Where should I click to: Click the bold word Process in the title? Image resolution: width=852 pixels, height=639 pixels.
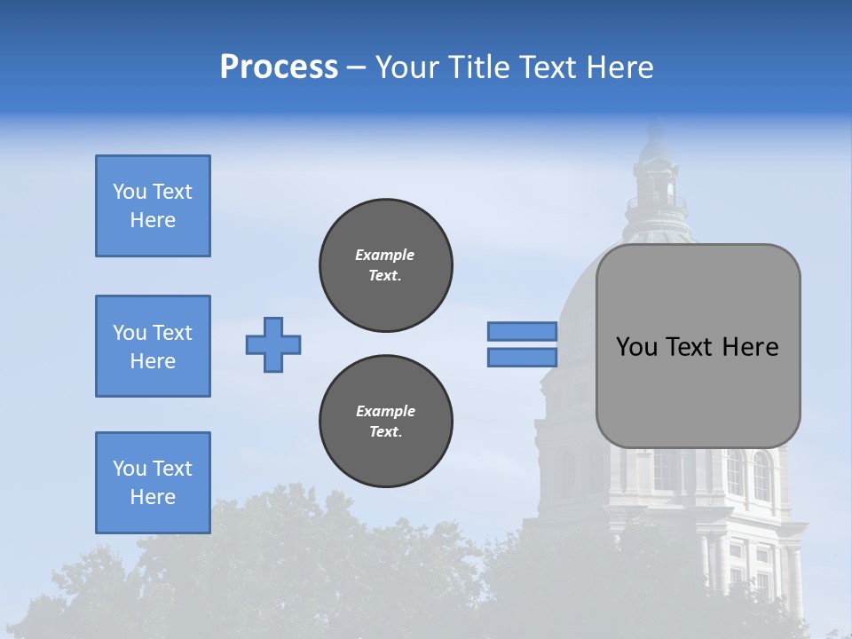click(x=279, y=67)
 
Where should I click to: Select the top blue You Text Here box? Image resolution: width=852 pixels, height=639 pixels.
click(x=153, y=206)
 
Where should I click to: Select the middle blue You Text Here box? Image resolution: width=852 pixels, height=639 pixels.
click(x=153, y=346)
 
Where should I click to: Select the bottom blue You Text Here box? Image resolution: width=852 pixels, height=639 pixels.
click(x=153, y=483)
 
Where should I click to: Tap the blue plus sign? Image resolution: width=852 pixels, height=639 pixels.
click(x=273, y=344)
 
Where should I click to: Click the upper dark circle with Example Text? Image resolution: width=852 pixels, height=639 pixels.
click(x=386, y=265)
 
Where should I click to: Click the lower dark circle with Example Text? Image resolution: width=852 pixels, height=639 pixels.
click(x=386, y=422)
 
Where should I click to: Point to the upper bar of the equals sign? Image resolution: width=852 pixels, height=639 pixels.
click(x=523, y=331)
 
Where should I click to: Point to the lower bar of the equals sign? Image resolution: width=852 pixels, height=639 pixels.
click(x=523, y=358)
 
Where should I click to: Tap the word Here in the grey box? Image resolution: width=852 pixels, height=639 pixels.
click(x=750, y=347)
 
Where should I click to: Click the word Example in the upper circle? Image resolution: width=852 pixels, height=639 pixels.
click(x=385, y=255)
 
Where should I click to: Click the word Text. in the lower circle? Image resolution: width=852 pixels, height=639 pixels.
click(x=385, y=432)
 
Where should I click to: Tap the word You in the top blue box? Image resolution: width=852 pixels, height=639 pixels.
click(x=130, y=192)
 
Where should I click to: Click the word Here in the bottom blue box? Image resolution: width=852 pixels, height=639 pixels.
click(x=153, y=497)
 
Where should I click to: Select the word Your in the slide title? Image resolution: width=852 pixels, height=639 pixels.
click(x=407, y=67)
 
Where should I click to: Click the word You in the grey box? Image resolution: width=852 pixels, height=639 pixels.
click(x=636, y=347)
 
